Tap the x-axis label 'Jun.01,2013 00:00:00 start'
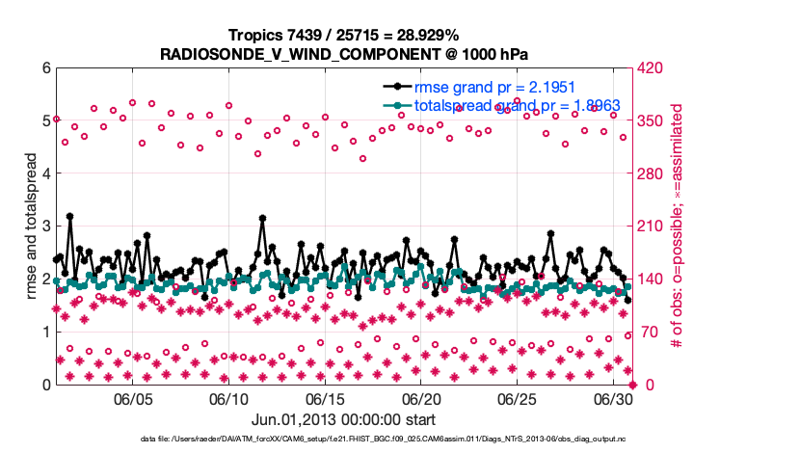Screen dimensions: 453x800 click(x=343, y=419)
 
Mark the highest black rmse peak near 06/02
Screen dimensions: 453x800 click(x=70, y=217)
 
